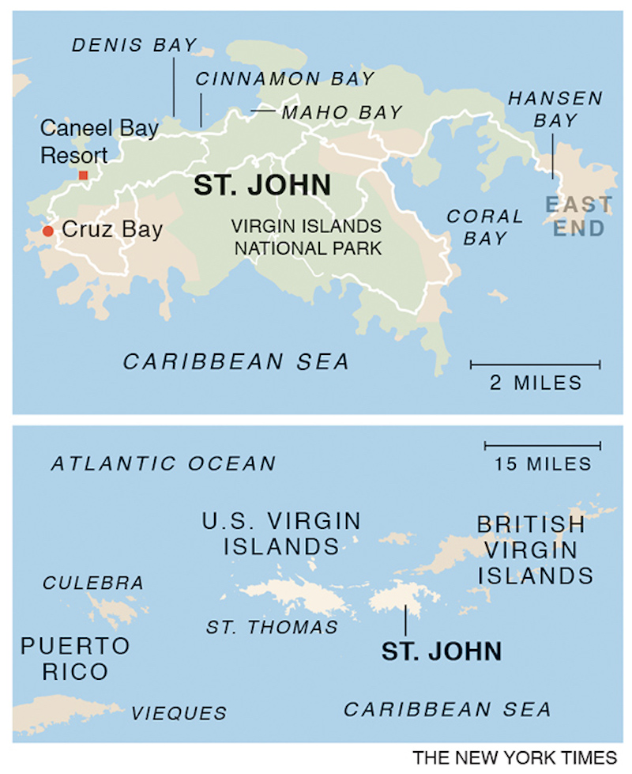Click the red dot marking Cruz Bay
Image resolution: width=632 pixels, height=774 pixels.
coord(48,231)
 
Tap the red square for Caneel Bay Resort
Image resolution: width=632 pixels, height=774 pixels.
coord(83,175)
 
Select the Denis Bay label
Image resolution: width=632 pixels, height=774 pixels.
coord(134,45)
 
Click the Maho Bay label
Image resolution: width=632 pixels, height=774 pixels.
coord(342,112)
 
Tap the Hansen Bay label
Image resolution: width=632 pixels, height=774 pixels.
coord(555,109)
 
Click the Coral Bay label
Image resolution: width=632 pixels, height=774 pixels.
coord(485,227)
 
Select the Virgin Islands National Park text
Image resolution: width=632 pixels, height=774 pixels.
coord(307,237)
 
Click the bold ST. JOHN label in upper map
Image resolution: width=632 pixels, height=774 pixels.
coord(262,185)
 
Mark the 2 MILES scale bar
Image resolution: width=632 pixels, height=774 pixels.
coord(535,364)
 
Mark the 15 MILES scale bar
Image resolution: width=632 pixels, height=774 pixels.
coord(542,446)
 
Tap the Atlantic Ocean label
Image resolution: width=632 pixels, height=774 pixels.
coord(164,463)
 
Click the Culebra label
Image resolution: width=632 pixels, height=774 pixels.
coord(93,583)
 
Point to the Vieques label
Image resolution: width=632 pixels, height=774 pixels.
coord(179,712)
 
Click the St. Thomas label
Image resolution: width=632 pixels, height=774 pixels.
coord(272,628)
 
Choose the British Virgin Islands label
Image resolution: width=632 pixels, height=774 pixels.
coord(535,549)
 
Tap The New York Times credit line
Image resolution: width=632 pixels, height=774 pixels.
coord(513,757)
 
